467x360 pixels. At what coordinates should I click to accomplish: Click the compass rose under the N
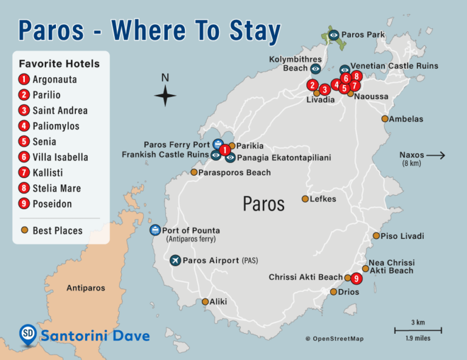tap(165, 96)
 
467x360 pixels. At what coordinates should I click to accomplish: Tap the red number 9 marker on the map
tap(356, 279)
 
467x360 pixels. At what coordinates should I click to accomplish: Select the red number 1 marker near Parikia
tap(224, 150)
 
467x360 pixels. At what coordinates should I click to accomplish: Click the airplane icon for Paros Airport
tap(176, 260)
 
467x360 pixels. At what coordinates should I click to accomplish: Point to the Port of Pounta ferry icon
tap(155, 230)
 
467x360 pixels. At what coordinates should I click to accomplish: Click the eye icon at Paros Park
tap(334, 35)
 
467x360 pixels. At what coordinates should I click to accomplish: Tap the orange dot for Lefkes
tap(305, 199)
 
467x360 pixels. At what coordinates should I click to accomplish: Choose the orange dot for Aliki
tap(206, 302)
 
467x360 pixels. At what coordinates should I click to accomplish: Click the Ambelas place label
tap(406, 119)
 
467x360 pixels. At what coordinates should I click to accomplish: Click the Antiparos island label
tap(86, 288)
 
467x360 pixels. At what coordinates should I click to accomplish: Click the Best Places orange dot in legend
tap(24, 230)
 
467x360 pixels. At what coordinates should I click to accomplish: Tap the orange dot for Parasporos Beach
tap(194, 173)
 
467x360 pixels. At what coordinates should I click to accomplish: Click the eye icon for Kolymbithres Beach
tap(315, 69)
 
